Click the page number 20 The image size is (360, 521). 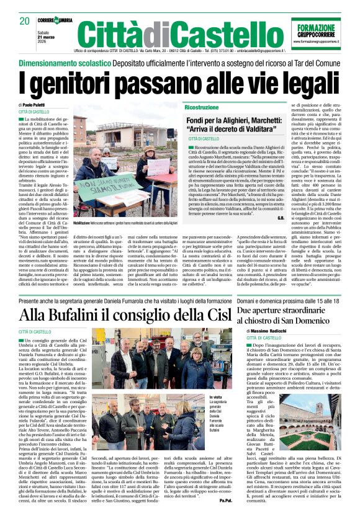click(x=24, y=20)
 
